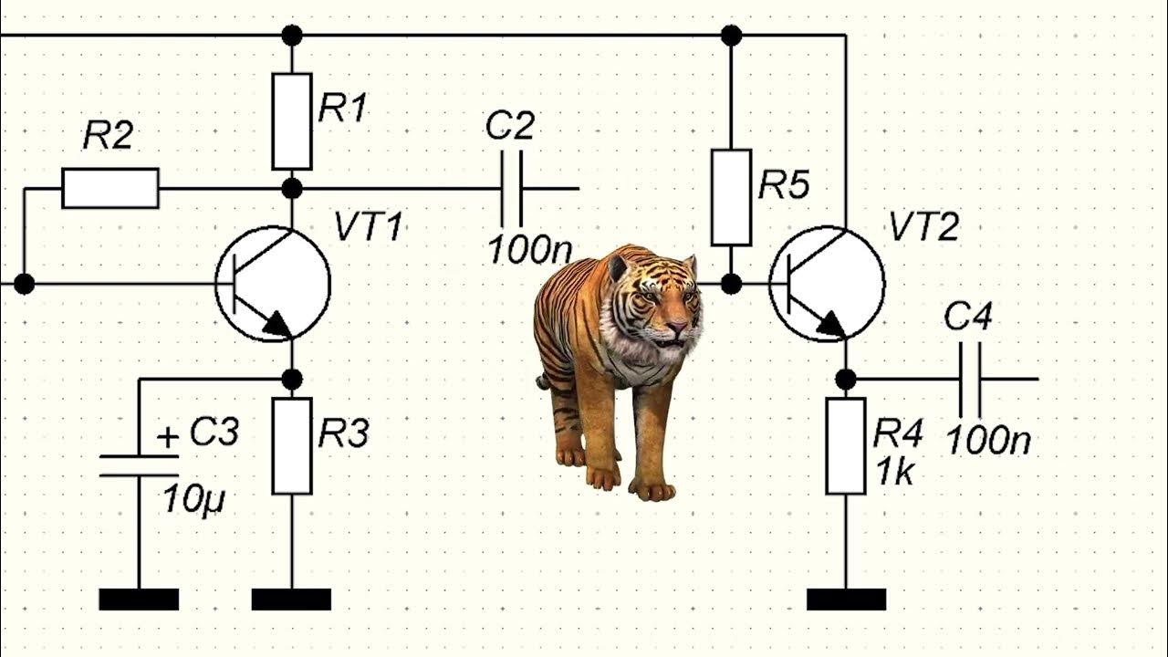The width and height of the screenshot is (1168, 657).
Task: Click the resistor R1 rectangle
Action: pyautogui.click(x=292, y=121)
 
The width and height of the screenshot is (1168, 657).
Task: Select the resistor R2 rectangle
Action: pyautogui.click(x=110, y=188)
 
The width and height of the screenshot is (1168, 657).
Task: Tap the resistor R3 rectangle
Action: pyautogui.click(x=292, y=446)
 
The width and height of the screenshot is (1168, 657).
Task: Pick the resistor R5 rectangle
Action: pyautogui.click(x=731, y=197)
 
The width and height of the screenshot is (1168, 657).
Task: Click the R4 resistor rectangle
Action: pyautogui.click(x=846, y=446)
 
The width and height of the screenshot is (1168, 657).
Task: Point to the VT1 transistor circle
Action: pyautogui.click(x=273, y=284)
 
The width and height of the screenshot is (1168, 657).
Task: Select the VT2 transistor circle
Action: pyautogui.click(x=827, y=284)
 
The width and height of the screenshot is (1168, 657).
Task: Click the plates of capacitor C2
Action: pyautogui.click(x=513, y=189)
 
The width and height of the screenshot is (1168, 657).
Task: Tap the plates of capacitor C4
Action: pyautogui.click(x=969, y=379)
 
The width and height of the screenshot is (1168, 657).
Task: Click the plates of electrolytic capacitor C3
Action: pyautogui.click(x=139, y=465)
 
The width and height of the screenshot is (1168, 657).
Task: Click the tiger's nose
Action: pyautogui.click(x=676, y=326)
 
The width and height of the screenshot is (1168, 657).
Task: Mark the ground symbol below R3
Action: pyautogui.click(x=291, y=600)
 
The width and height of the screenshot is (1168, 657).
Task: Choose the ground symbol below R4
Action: pyautogui.click(x=846, y=600)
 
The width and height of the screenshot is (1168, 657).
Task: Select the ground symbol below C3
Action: pyautogui.click(x=139, y=600)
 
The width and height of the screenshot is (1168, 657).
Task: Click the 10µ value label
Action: pyautogui.click(x=193, y=499)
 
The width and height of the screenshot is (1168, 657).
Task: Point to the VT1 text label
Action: pyautogui.click(x=368, y=226)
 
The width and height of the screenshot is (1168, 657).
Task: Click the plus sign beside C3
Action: pyautogui.click(x=167, y=437)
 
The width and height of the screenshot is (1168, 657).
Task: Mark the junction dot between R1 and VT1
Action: pyautogui.click(x=292, y=189)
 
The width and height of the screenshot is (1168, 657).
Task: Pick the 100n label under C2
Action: pyautogui.click(x=523, y=248)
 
